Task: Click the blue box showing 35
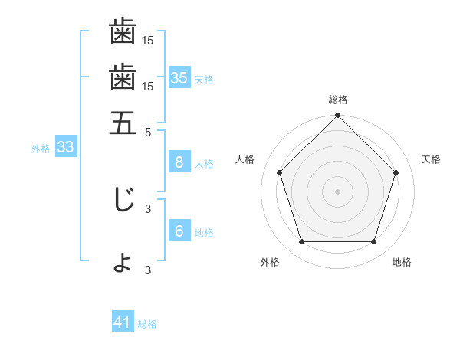179,77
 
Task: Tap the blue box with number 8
179,162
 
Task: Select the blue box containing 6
179,231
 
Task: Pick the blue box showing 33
64,148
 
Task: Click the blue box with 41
123,322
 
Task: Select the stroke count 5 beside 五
149,132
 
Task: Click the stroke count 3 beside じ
149,208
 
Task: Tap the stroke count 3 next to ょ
149,270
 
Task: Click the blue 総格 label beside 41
147,324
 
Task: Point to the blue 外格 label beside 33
40,149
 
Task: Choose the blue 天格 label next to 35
204,79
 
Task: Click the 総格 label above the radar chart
338,100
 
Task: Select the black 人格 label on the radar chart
245,159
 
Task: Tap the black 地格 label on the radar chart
402,262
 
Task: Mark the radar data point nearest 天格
396,172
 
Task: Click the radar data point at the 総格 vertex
338,116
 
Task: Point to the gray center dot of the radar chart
338,191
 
